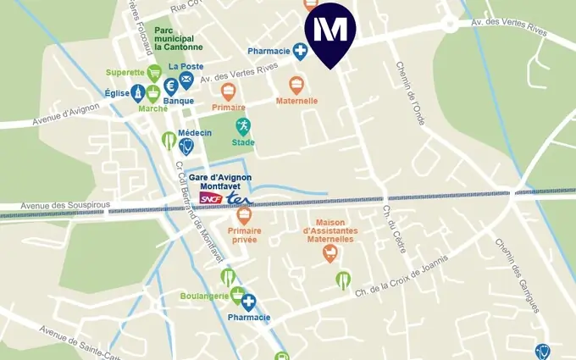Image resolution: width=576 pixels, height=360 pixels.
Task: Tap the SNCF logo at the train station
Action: (x=210, y=197)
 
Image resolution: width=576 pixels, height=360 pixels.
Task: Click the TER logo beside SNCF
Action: (x=240, y=197)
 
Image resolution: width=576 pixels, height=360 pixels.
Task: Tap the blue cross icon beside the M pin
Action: (x=300, y=53)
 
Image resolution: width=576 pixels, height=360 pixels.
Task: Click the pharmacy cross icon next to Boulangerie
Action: (x=247, y=302)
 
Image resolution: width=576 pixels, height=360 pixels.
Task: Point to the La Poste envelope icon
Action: (x=186, y=80)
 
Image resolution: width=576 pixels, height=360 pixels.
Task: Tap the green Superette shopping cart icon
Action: (x=154, y=73)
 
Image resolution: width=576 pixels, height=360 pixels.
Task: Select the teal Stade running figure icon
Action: (x=243, y=127)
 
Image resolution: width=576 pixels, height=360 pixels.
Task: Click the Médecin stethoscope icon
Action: (x=186, y=146)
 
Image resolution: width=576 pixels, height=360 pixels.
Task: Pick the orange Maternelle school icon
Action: (x=296, y=85)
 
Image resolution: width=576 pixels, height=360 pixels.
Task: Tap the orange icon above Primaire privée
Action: (x=244, y=215)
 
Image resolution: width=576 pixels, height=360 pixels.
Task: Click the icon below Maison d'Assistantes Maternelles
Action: (x=330, y=252)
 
